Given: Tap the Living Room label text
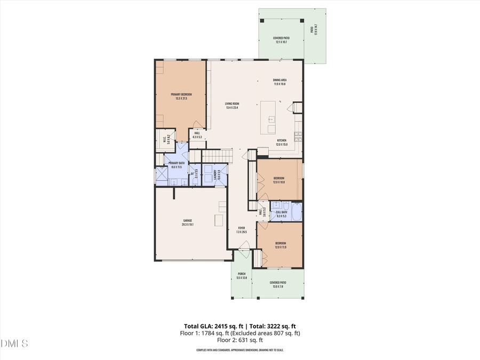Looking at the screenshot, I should click(x=231, y=104).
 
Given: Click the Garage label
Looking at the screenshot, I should click(x=188, y=221).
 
